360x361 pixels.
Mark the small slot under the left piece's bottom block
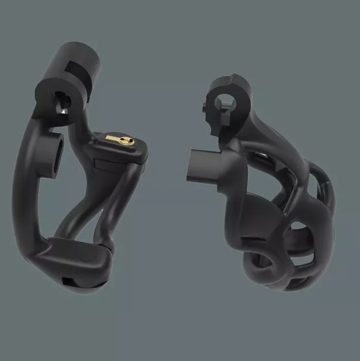click(x=69, y=281)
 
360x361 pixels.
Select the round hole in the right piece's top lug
click(x=225, y=101)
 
